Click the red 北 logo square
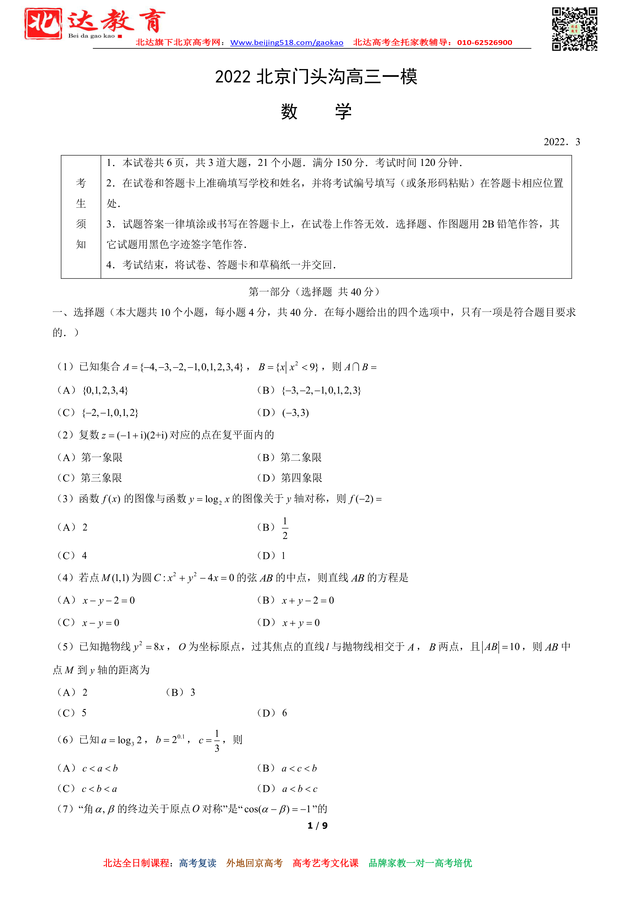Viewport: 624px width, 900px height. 43,24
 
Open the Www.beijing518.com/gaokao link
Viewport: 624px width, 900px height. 287,43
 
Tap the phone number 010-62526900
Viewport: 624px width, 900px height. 484,43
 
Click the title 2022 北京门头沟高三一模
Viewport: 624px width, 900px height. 316,77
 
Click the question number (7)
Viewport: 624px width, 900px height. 65,809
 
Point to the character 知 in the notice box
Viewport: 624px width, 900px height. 81,244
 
